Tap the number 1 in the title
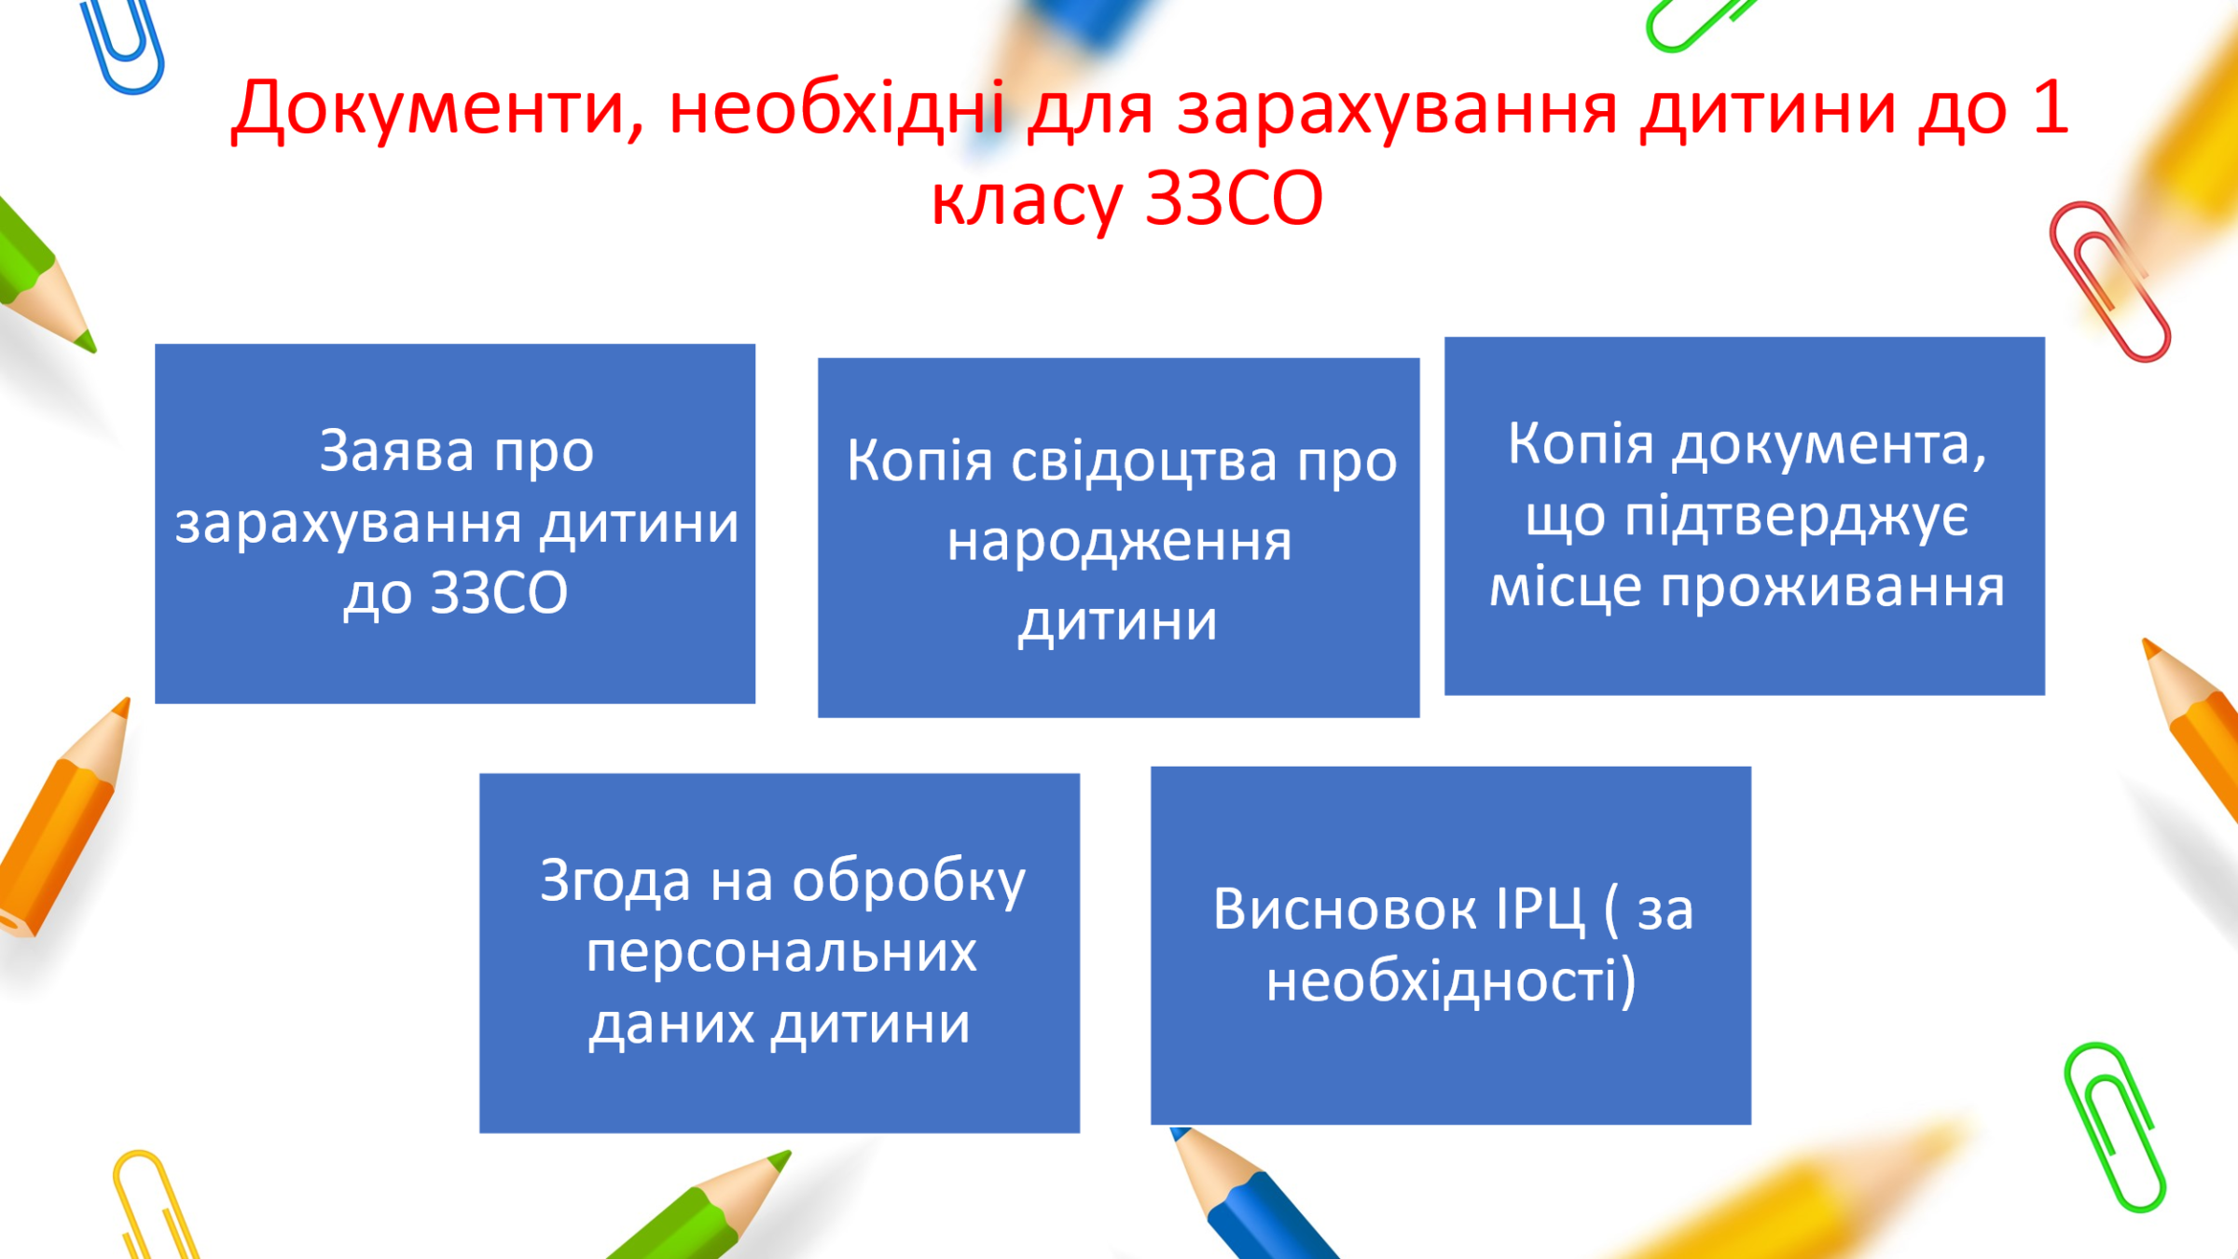point(2049,105)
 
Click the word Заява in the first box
point(397,451)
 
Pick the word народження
point(1119,543)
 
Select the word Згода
point(615,882)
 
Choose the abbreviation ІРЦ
point(1540,910)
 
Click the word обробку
point(909,881)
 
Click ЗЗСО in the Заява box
point(498,593)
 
